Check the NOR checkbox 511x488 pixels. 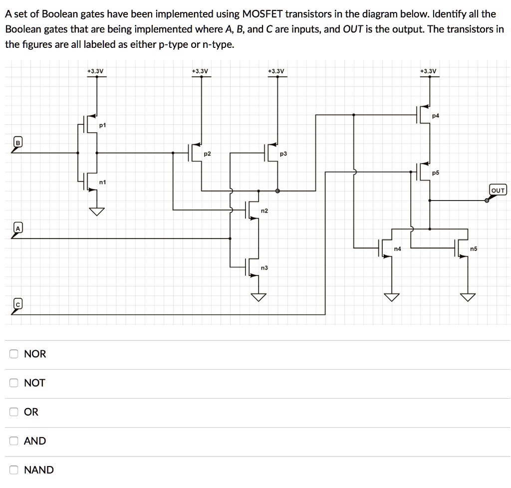click(14, 354)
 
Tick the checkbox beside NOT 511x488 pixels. click(14, 383)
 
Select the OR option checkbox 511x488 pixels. click(14, 412)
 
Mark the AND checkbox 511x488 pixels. click(14, 441)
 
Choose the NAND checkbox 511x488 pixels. click(14, 470)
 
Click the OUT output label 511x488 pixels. click(498, 190)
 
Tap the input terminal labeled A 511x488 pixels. click(18, 228)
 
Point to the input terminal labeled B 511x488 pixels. click(18, 143)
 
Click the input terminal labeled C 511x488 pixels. click(18, 304)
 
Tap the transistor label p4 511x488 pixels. click(436, 116)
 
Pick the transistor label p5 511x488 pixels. click(436, 173)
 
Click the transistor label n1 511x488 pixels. click(103, 183)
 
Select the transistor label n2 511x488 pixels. click(264, 211)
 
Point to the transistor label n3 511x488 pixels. click(264, 268)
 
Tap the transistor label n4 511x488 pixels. click(397, 248)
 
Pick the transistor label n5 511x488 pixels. click(473, 248)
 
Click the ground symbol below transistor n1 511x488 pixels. click(97, 212)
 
